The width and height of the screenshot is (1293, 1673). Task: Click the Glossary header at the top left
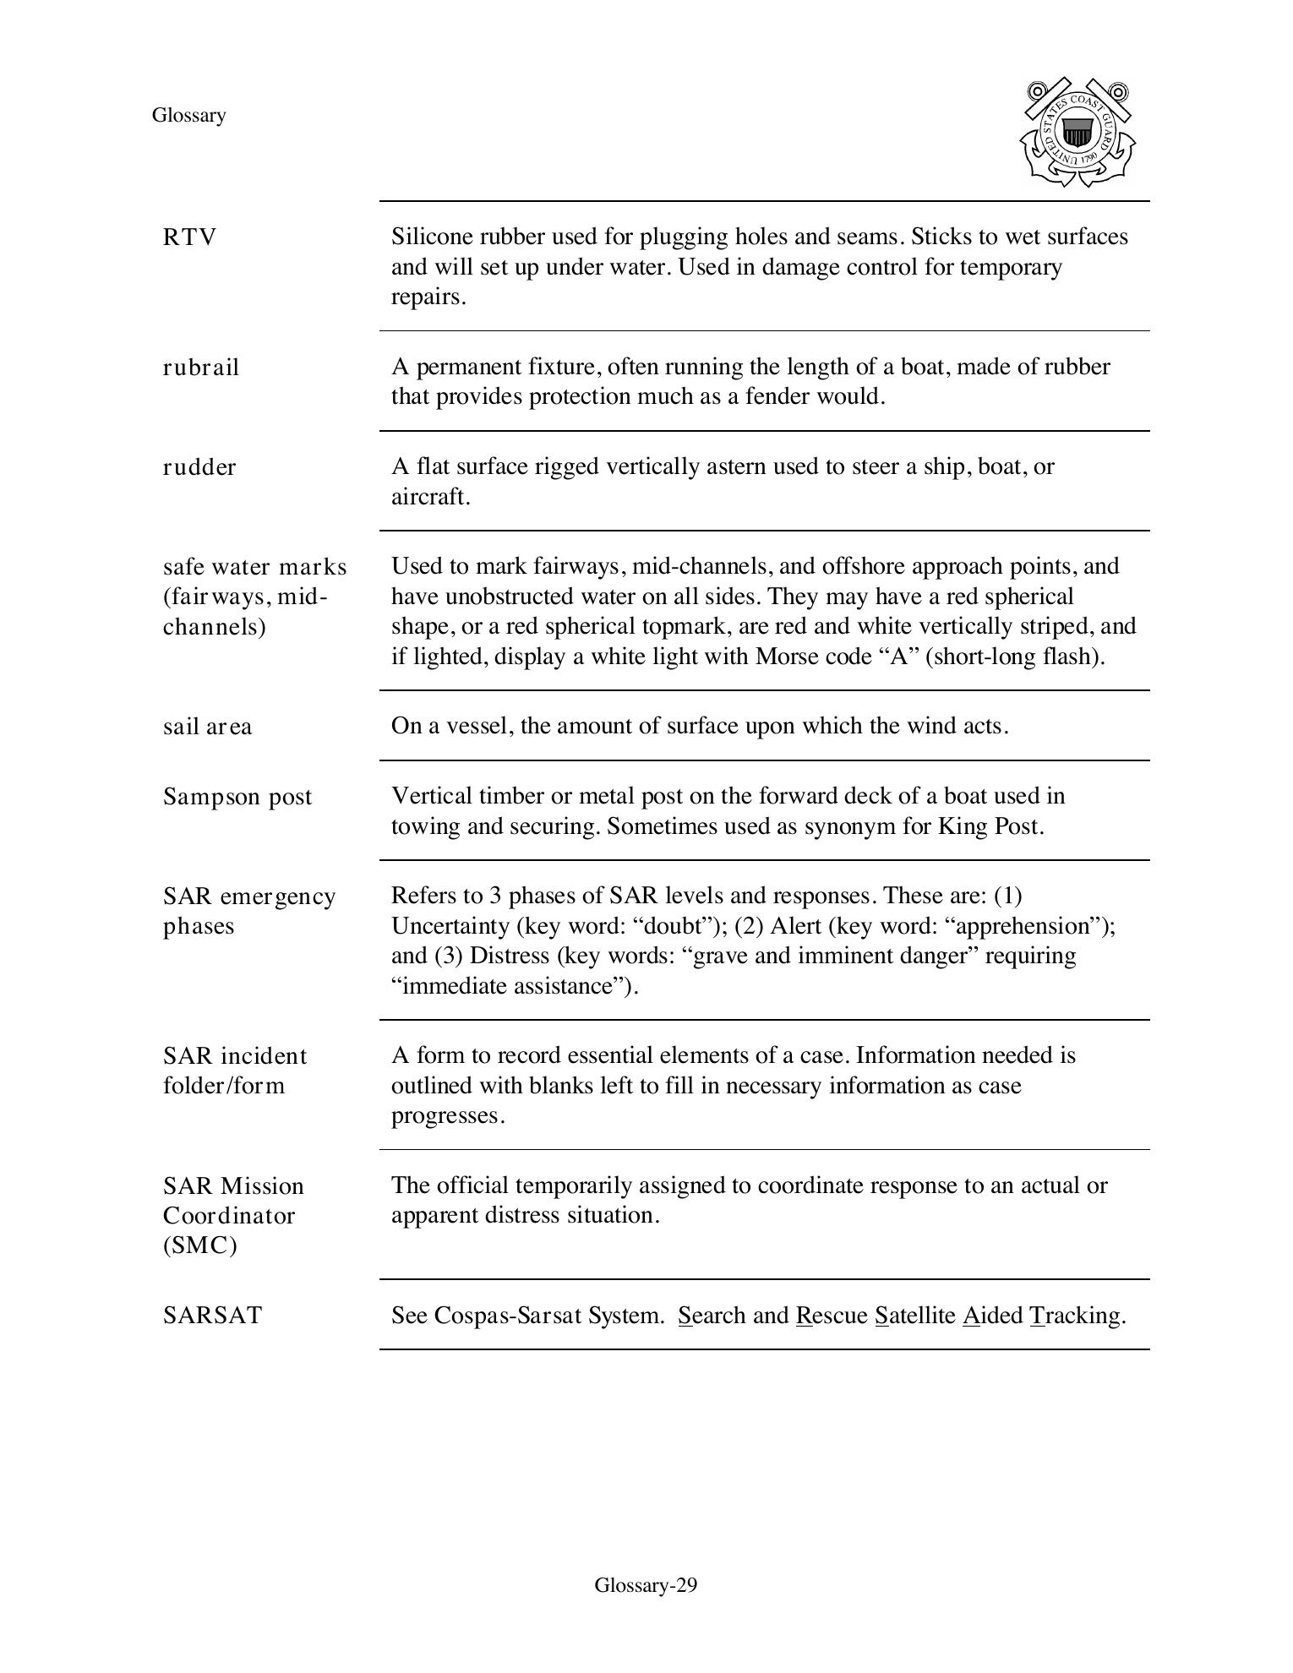pyautogui.click(x=188, y=115)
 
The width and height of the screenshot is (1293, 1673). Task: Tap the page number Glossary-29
pyautogui.click(x=646, y=1584)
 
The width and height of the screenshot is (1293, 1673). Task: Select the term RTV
pyautogui.click(x=189, y=237)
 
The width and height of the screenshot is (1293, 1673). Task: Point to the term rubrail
pyautogui.click(x=201, y=368)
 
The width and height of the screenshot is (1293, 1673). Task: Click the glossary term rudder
pyautogui.click(x=199, y=467)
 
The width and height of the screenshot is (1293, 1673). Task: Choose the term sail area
pyautogui.click(x=207, y=727)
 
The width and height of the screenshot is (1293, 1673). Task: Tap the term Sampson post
pyautogui.click(x=237, y=797)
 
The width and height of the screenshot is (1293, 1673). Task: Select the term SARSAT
pyautogui.click(x=212, y=1316)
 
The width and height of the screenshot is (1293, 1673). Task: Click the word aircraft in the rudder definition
pyautogui.click(x=428, y=497)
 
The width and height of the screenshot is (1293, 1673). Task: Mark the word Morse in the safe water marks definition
pyautogui.click(x=783, y=657)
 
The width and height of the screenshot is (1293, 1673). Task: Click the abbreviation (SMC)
pyautogui.click(x=199, y=1245)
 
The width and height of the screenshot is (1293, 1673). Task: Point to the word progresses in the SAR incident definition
pyautogui.click(x=446, y=1115)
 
